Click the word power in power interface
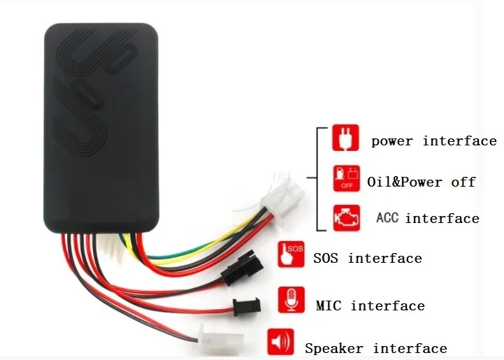tap(392, 141)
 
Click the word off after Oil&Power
tap(463, 182)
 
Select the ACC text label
tap(387, 218)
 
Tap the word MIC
tap(329, 305)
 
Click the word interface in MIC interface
tap(388, 305)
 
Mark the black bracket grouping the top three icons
tap(319, 178)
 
